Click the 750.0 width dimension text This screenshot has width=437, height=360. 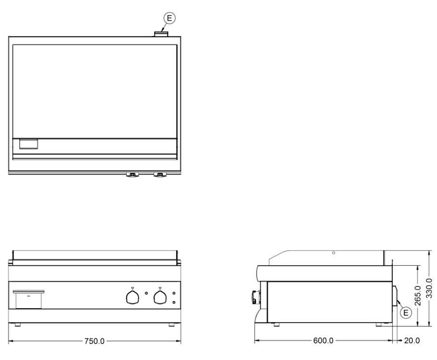(x=95, y=341)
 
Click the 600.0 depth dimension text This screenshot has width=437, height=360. (x=323, y=340)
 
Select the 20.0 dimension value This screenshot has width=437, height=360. (x=412, y=340)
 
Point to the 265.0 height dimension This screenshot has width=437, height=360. (x=418, y=296)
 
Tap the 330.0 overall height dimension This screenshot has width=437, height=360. (x=429, y=288)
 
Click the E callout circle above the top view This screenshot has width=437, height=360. (x=169, y=18)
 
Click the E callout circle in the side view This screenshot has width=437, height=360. (x=406, y=312)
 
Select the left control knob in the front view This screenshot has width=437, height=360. (x=133, y=297)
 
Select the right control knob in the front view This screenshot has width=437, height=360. (x=160, y=297)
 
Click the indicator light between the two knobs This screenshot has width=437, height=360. (x=146, y=293)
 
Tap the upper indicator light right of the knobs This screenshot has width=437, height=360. (x=174, y=293)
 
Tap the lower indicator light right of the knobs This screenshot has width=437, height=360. (x=174, y=302)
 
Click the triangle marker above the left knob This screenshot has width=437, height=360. (x=133, y=288)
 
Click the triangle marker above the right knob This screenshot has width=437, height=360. (x=160, y=288)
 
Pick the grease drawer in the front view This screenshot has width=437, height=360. (x=28, y=299)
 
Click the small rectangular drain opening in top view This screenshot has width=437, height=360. (x=28, y=144)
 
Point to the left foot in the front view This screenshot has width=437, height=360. (x=18, y=325)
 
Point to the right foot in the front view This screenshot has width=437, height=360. (x=171, y=325)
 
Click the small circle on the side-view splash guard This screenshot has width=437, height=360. (x=334, y=253)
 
